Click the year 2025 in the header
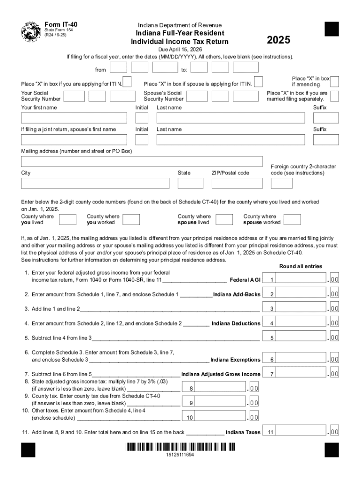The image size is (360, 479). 278,41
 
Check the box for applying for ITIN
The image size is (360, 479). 127,82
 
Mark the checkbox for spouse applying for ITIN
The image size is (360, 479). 258,82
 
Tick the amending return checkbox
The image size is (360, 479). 335,81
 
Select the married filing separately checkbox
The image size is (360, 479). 335,96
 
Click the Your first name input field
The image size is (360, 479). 74,118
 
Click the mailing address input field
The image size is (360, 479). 142,161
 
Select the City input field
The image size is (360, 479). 95,183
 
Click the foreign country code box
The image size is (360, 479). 281,183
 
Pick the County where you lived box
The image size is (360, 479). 68,219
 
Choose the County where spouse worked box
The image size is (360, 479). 292,219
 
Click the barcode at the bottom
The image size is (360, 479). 180,447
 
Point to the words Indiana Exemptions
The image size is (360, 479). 235,360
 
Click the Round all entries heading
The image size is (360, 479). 301,266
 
